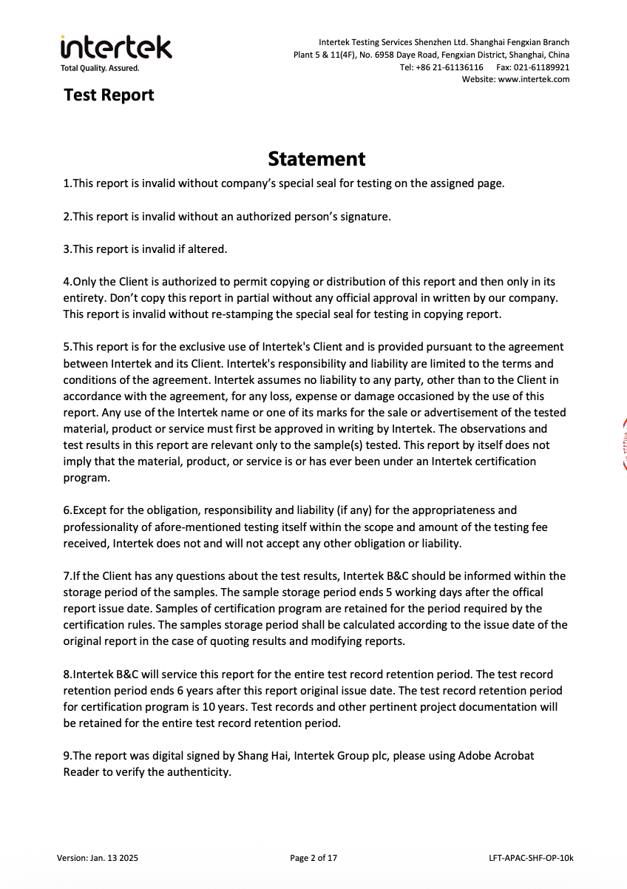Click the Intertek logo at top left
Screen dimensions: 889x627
point(116,47)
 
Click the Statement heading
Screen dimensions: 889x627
point(316,159)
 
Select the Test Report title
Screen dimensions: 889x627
point(109,95)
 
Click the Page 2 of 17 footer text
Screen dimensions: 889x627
point(313,858)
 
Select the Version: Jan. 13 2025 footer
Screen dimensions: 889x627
point(98,858)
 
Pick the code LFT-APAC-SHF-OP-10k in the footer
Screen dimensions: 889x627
point(531,858)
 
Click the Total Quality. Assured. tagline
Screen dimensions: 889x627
point(100,68)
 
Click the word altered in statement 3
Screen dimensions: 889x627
point(207,249)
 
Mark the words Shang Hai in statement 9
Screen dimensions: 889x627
point(258,756)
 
